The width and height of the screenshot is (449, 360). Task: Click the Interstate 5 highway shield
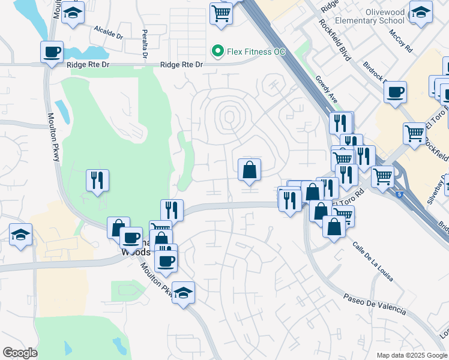(400, 193)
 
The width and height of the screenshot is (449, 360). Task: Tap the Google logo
(20, 352)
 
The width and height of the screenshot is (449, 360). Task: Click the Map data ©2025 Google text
(412, 355)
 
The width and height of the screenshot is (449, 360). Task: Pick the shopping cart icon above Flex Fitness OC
(221, 13)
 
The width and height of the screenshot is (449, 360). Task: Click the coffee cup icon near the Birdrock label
(396, 92)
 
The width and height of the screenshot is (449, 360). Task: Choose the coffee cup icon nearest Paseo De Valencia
(166, 260)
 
